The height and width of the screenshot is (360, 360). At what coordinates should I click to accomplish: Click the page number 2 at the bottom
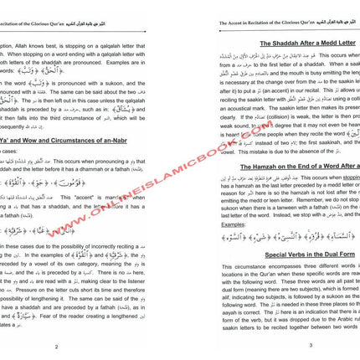click(78, 345)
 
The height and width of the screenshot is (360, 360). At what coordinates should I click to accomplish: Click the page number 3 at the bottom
click(286, 345)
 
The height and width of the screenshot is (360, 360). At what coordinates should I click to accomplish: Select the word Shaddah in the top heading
click(266, 42)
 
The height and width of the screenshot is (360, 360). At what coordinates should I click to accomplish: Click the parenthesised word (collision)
click(260, 102)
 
